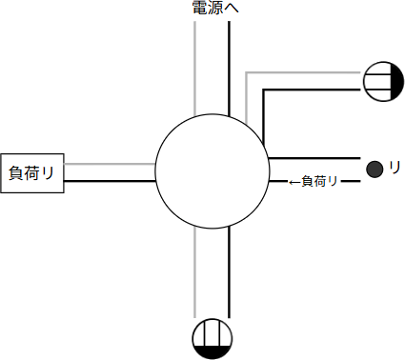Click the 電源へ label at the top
coord(215,9)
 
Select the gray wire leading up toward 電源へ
coord(194,67)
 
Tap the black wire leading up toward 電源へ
coord(229,67)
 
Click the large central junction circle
coord(212,171)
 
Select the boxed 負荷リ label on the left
coord(31,172)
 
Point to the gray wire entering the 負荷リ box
coord(110,164)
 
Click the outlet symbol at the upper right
coord(384,81)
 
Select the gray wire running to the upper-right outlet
coord(305,72)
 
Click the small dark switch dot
coord(375,170)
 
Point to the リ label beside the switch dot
coord(395,168)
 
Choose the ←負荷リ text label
coord(314,181)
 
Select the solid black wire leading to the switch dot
coord(314,156)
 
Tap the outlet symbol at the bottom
coord(212,338)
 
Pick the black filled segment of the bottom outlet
coord(212,351)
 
